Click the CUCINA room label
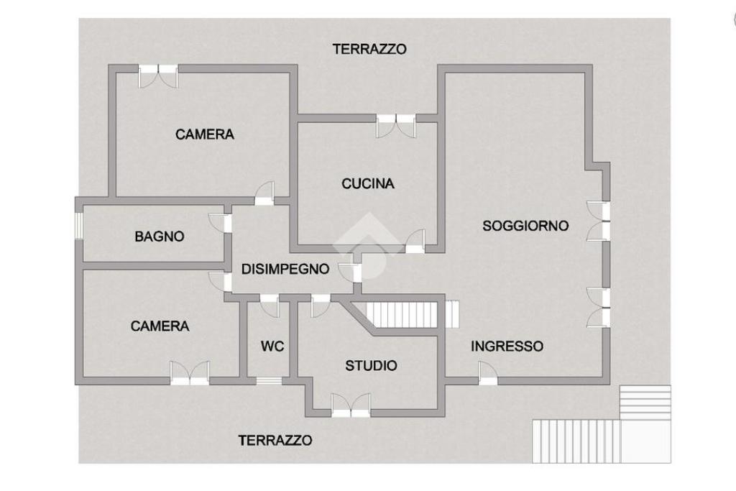pyautogui.click(x=367, y=183)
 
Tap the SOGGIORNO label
pyautogui.click(x=525, y=226)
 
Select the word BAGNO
pyautogui.click(x=159, y=236)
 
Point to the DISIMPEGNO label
pyautogui.click(x=285, y=269)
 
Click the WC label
pyautogui.click(x=272, y=347)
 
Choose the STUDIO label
pyautogui.click(x=372, y=365)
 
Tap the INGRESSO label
pyautogui.click(x=507, y=346)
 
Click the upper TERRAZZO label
pyautogui.click(x=369, y=49)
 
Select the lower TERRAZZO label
pyautogui.click(x=275, y=440)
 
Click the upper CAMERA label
pyautogui.click(x=205, y=134)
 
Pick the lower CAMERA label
pyautogui.click(x=160, y=326)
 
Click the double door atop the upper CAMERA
pyautogui.click(x=158, y=75)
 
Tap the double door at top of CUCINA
pyautogui.click(x=396, y=125)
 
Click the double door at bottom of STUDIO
pyautogui.click(x=351, y=405)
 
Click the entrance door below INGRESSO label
pyautogui.click(x=488, y=374)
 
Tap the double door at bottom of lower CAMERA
pyautogui.click(x=190, y=373)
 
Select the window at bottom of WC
pyautogui.click(x=269, y=381)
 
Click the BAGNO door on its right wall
pyautogui.click(x=221, y=223)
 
